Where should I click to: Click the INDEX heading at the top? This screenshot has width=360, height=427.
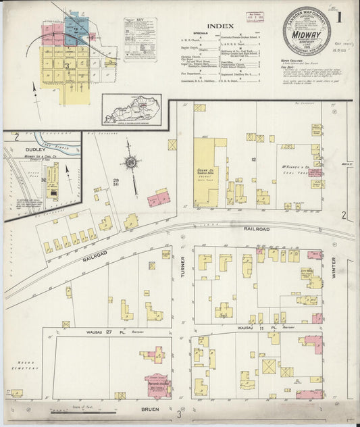[217, 26]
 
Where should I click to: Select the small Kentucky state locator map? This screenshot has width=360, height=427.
[132, 109]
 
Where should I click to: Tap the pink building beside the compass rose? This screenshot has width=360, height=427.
[159, 198]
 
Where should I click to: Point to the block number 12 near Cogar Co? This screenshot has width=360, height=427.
[253, 159]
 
